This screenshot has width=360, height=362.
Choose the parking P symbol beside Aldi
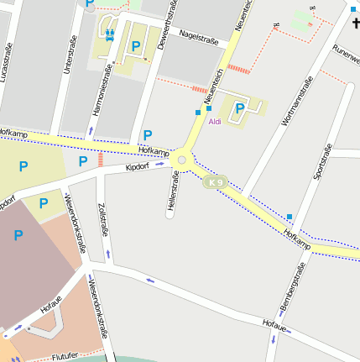pyautogui.click(x=240, y=108)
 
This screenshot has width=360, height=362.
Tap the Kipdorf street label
pyautogui.click(x=137, y=167)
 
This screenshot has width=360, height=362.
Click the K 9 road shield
pyautogui.click(x=216, y=182)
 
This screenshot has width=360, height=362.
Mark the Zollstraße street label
pyautogui.click(x=102, y=218)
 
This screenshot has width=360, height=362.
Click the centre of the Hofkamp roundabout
pyautogui.click(x=182, y=160)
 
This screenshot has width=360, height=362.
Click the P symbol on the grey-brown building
pyautogui.click(x=18, y=235)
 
